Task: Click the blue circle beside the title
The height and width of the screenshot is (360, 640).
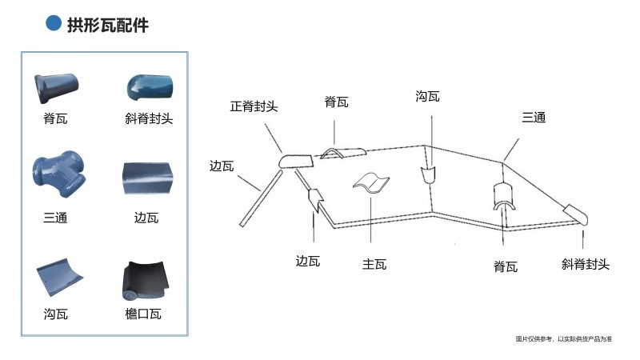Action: point(54,25)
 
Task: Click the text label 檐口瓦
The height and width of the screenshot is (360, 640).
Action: point(143,314)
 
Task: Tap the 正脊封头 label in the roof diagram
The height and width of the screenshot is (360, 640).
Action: point(254,106)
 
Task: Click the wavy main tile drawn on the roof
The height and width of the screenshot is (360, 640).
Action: point(371,183)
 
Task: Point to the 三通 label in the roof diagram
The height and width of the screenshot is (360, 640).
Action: point(534,118)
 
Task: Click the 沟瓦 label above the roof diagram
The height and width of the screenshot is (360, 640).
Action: point(428,97)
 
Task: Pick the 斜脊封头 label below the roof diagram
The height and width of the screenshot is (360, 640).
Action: point(585,263)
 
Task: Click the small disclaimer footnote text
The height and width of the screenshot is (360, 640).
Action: point(563,340)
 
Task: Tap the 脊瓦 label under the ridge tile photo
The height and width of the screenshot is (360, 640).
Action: point(55,119)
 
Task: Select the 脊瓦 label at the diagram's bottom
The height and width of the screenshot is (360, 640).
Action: point(505,266)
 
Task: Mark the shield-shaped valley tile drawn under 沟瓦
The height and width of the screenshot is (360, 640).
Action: point(429,175)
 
